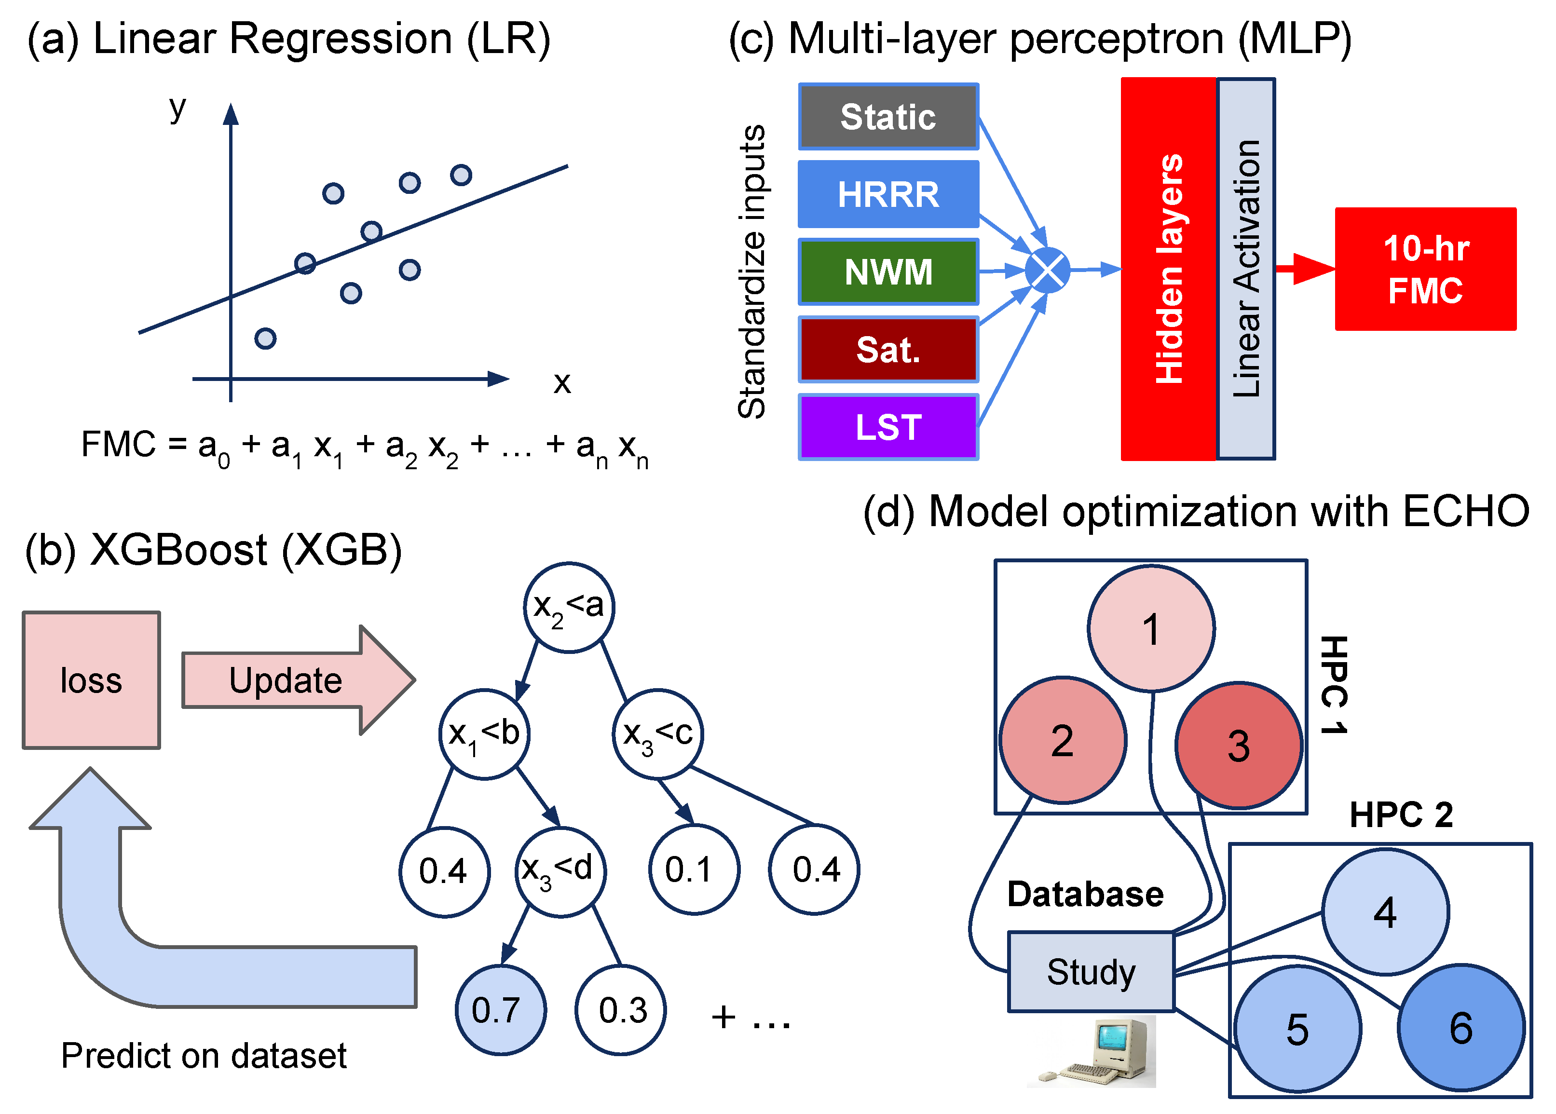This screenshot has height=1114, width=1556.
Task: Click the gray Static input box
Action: pyautogui.click(x=888, y=117)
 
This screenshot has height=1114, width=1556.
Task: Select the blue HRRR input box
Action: pyautogui.click(x=888, y=194)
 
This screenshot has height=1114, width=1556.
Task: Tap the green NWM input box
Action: pyautogui.click(x=888, y=272)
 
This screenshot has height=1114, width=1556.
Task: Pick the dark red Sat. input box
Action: pyautogui.click(x=888, y=349)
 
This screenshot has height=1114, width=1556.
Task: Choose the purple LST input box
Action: pyautogui.click(x=888, y=427)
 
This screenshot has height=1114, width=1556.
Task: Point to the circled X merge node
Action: pyautogui.click(x=1047, y=270)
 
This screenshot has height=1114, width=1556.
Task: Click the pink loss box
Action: pyautogui.click(x=91, y=680)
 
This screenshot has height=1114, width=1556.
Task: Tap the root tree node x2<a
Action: pyautogui.click(x=569, y=607)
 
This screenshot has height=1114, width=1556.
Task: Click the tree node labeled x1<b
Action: pyautogui.click(x=484, y=734)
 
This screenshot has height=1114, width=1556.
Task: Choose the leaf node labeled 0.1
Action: pyautogui.click(x=694, y=870)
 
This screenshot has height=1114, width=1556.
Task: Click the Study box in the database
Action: pyautogui.click(x=1091, y=971)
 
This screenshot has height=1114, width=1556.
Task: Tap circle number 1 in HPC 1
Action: pyautogui.click(x=1151, y=628)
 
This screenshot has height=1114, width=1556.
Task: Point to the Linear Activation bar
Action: pyautogui.click(x=1246, y=269)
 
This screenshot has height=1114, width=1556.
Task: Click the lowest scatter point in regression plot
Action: pyautogui.click(x=265, y=338)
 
